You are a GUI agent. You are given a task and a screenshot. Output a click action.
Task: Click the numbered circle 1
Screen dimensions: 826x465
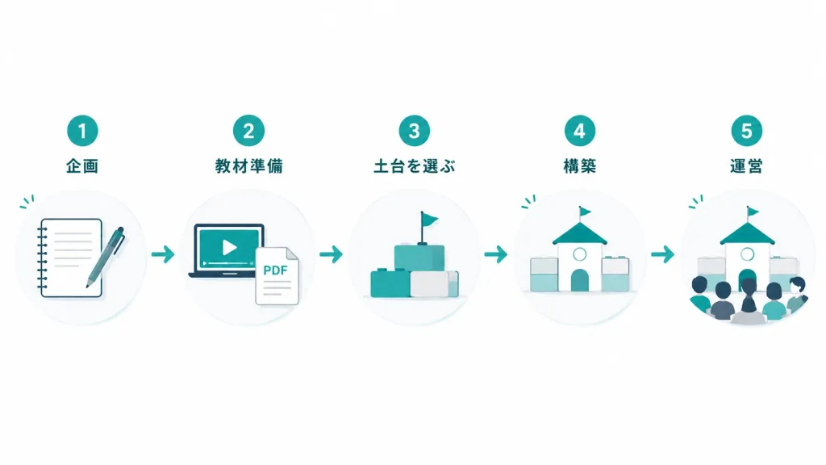tap(82, 131)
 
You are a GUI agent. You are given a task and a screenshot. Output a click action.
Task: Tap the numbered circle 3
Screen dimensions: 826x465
tap(414, 131)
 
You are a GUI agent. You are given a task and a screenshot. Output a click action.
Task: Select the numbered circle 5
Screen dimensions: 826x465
tap(746, 131)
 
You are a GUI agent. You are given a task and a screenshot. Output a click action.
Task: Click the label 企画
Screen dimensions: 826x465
tap(82, 166)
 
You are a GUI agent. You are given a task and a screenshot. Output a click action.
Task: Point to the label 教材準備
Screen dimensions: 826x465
tap(248, 166)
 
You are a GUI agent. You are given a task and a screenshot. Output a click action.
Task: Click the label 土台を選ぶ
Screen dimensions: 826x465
tap(414, 166)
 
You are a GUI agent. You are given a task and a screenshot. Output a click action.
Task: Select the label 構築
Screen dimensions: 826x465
tap(579, 166)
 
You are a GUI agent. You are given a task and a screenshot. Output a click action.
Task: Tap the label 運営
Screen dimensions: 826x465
tap(746, 166)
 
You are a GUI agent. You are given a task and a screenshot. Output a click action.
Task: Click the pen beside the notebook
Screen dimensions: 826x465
tap(106, 258)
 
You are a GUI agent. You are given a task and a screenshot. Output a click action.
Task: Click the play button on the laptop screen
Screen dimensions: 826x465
tap(229, 247)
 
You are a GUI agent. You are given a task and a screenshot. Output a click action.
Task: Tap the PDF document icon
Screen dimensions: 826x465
tap(277, 276)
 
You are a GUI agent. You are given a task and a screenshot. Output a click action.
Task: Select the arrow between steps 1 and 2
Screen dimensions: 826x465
tap(163, 254)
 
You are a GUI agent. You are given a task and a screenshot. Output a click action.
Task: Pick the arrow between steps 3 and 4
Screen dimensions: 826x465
tap(496, 254)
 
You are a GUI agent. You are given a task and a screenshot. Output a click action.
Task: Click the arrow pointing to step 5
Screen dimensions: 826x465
tap(663, 254)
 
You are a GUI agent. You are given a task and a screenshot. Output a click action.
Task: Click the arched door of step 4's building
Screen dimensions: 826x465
tap(579, 280)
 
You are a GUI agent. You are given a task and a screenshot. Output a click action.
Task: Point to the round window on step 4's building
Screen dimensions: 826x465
tap(579, 254)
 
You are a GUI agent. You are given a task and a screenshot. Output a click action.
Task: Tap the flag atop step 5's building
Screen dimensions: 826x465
tap(753, 212)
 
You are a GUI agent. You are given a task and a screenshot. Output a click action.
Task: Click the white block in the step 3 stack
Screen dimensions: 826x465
tap(429, 283)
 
